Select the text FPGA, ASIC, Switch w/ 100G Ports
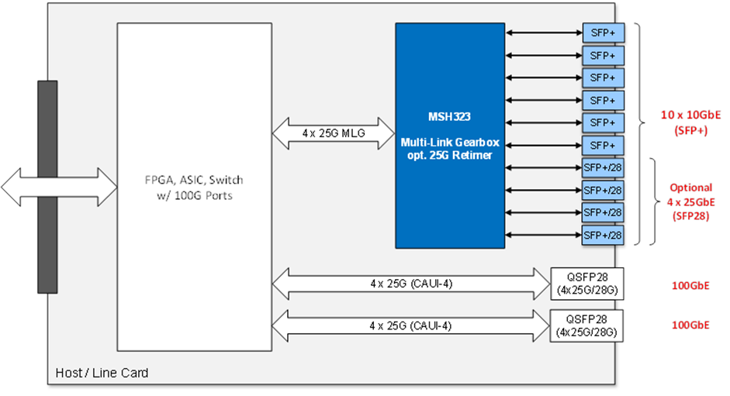tap(195, 189)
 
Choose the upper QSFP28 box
tap(587, 282)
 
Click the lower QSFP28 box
tap(587, 325)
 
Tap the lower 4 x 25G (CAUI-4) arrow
tap(411, 325)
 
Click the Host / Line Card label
tap(102, 374)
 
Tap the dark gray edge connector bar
tap(47, 187)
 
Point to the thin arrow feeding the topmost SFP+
tap(543, 33)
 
